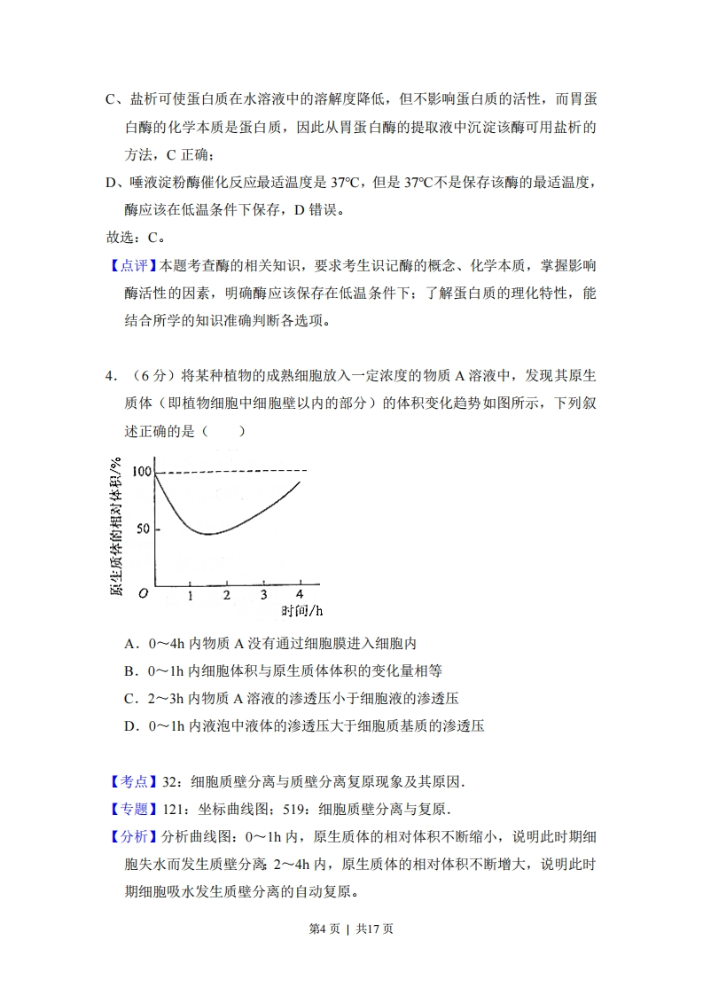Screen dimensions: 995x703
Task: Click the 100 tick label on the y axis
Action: [141, 471]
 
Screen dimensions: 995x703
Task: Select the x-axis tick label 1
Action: [190, 595]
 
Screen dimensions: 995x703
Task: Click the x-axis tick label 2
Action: [226, 595]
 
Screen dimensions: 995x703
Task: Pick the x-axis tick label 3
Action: [263, 595]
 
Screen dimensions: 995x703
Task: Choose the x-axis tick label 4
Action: [300, 594]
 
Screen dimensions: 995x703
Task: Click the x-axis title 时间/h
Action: [301, 611]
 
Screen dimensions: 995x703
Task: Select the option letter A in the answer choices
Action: [130, 644]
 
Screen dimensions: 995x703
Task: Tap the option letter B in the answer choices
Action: [130, 671]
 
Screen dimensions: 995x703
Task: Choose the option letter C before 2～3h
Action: [130, 699]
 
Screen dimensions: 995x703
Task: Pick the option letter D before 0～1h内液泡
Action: [130, 726]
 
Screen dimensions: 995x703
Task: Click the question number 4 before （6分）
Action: [110, 376]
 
